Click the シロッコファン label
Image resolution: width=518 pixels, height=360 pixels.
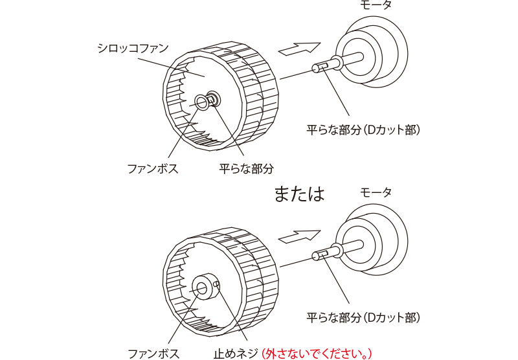tap(132, 49)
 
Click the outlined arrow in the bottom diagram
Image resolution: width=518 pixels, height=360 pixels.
tap(298, 236)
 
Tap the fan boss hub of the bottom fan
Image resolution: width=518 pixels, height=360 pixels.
tap(203, 287)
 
